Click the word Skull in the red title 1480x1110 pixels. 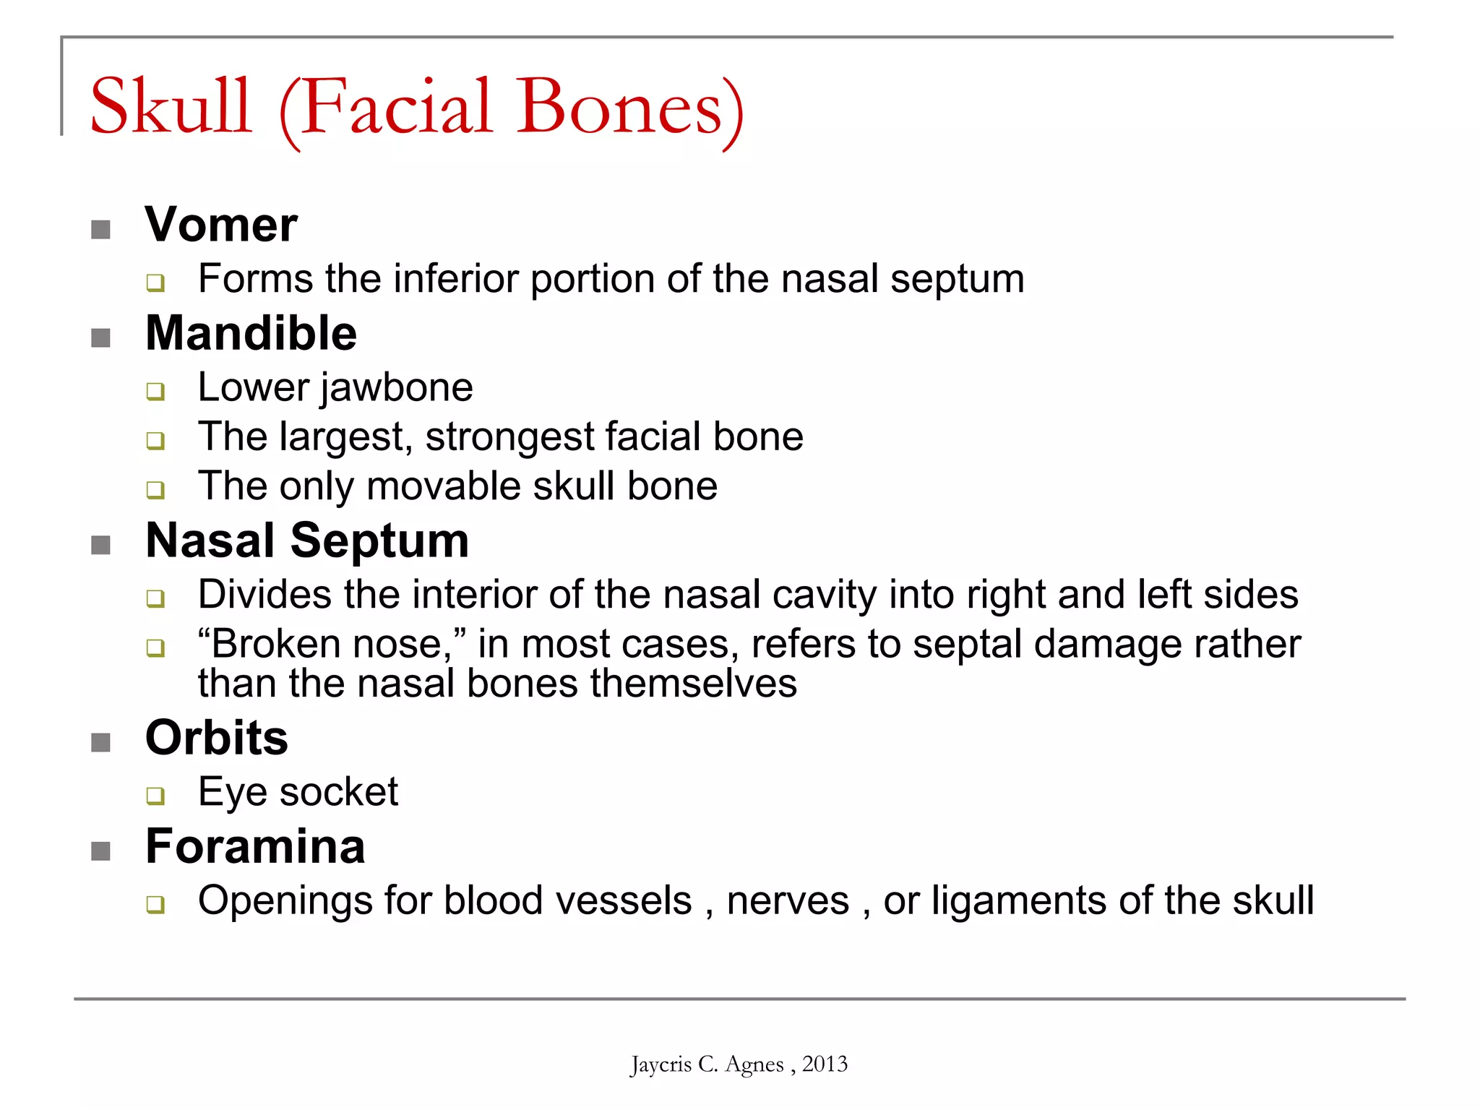(x=171, y=107)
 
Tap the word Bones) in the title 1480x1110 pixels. (x=629, y=108)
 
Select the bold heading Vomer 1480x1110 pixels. (x=221, y=225)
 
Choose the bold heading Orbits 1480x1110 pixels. (x=217, y=738)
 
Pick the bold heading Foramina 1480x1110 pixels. (x=255, y=846)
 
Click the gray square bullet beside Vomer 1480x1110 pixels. (x=101, y=230)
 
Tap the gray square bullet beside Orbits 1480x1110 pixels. (x=101, y=743)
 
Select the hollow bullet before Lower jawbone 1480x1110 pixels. (x=155, y=392)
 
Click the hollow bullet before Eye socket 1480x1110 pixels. (x=155, y=796)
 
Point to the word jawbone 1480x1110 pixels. (x=397, y=388)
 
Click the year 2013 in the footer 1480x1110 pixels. (x=825, y=1064)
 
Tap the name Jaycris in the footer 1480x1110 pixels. (x=661, y=1064)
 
